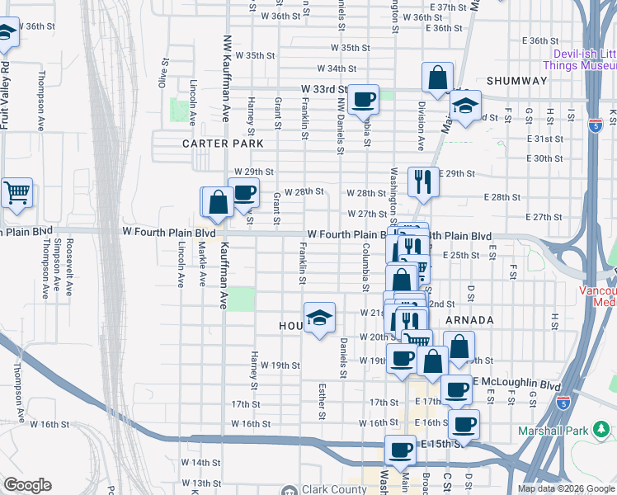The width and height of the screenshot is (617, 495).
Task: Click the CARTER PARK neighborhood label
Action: [x=223, y=144]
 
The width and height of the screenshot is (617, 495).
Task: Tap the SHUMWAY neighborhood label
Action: [x=517, y=81]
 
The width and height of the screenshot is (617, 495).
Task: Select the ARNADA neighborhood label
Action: [x=469, y=320]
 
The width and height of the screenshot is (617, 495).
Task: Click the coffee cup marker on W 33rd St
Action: [x=363, y=100]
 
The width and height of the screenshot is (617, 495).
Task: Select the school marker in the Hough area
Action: [x=319, y=318]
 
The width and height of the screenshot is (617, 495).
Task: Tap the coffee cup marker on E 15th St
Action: [x=401, y=450]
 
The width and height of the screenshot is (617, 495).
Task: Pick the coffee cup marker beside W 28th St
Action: [x=243, y=193]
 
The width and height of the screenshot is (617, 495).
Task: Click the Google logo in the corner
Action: [x=27, y=486]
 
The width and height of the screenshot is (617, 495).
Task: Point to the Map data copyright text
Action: [x=566, y=488]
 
